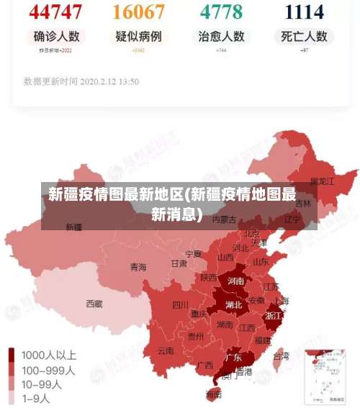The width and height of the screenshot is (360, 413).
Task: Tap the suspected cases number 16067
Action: click(x=139, y=12)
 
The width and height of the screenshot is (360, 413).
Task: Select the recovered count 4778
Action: click(x=221, y=12)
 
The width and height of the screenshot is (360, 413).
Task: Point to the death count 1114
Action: click(x=304, y=12)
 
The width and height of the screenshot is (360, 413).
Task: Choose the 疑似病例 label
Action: click(x=139, y=36)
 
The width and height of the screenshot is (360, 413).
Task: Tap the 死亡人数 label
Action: click(x=304, y=36)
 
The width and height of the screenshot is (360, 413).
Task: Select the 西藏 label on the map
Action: click(x=94, y=304)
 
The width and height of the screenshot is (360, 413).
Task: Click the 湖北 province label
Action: click(x=233, y=304)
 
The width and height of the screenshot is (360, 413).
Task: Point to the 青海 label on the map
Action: click(x=138, y=267)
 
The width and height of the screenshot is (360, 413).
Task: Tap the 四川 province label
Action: click(x=180, y=304)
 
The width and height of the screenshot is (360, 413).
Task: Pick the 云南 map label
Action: click(x=166, y=351)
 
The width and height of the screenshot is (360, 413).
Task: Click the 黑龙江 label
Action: click(x=322, y=181)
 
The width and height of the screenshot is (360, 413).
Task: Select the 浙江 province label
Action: click(x=274, y=315)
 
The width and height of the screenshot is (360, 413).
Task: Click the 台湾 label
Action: click(x=281, y=355)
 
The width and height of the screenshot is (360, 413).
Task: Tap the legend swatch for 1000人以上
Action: click(x=12, y=355)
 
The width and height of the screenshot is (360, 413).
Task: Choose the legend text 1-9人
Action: click(x=36, y=398)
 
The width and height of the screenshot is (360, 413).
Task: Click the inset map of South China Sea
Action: click(x=327, y=376)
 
